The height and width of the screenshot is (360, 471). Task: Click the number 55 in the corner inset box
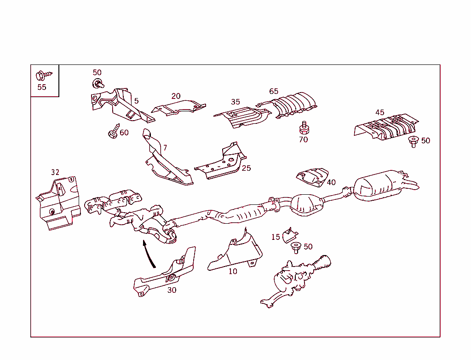click(42, 87)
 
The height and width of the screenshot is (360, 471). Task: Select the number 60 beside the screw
click(124, 133)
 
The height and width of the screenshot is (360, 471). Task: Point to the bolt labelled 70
click(304, 128)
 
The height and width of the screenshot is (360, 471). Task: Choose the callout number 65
click(274, 91)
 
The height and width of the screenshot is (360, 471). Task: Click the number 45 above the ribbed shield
click(379, 112)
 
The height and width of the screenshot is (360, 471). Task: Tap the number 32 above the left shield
click(55, 172)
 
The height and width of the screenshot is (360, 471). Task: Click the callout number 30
click(172, 290)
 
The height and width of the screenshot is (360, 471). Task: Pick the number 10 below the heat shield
click(233, 271)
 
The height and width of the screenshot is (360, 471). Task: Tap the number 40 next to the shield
click(331, 182)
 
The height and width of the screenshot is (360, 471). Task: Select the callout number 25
click(247, 168)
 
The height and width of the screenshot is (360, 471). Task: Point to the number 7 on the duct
click(165, 148)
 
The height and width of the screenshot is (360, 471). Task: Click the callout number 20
click(176, 96)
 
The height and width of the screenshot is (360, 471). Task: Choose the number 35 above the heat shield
click(235, 102)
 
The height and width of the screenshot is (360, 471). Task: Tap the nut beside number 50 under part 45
click(413, 141)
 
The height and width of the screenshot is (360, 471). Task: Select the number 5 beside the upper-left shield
click(137, 100)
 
